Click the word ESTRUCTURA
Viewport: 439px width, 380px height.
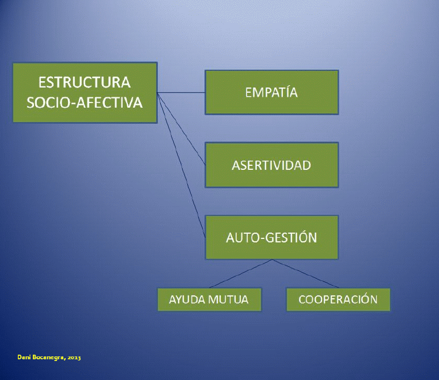tap(84, 82)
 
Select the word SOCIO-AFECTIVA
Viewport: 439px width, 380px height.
tap(85, 102)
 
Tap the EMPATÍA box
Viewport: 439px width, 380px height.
tap(271, 92)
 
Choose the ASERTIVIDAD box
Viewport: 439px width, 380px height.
tap(271, 165)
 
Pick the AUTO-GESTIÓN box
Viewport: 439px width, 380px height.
tap(271, 237)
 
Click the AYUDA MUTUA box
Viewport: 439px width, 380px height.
tap(210, 299)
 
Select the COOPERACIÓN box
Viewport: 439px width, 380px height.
tap(338, 299)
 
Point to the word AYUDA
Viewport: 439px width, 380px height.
tap(187, 300)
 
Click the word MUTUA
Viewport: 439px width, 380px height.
tap(228, 300)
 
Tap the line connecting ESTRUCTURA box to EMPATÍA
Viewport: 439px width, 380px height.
tap(181, 92)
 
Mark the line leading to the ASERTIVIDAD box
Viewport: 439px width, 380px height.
tap(181, 129)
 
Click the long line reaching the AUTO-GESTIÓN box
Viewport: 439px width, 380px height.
tap(181, 165)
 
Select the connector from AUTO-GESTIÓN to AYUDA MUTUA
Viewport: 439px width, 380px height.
tap(241, 273)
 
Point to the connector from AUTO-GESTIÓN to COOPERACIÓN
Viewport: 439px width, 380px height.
tap(305, 273)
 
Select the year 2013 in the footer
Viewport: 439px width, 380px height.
tap(74, 358)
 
